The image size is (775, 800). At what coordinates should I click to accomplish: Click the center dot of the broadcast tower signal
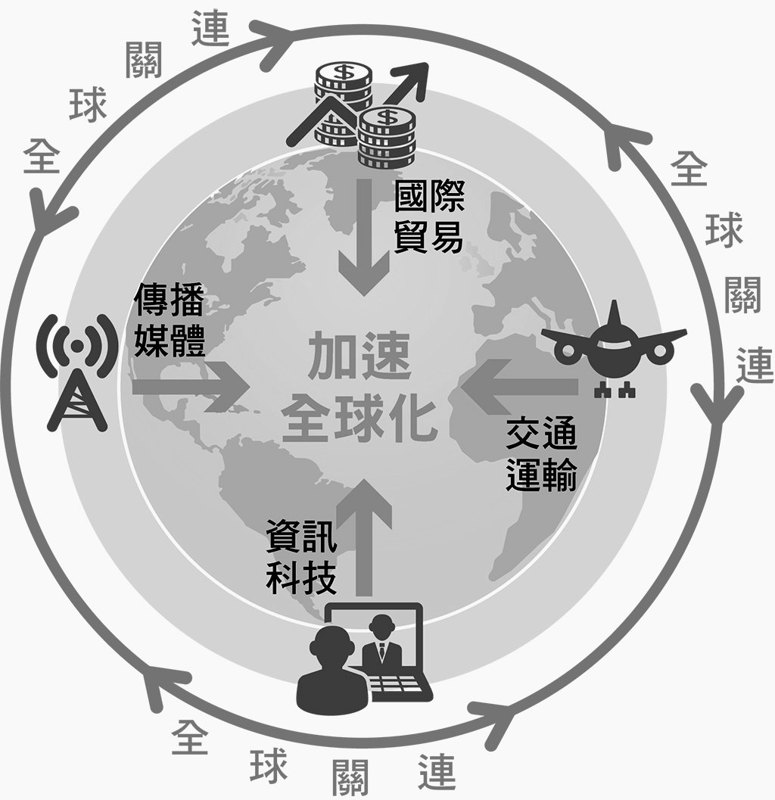coord(76,344)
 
